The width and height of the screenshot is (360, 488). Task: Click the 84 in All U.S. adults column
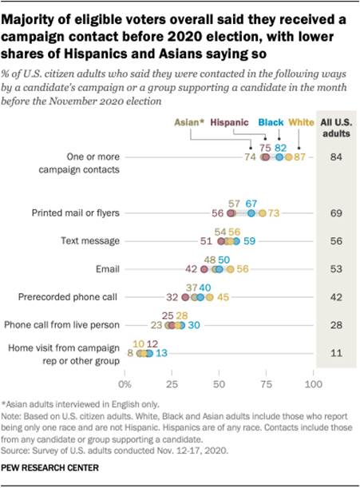(x=337, y=159)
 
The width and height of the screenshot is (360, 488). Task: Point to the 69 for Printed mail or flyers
(x=337, y=214)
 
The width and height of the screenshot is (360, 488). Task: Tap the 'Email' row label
(x=108, y=269)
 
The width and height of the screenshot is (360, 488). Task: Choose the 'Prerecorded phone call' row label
(x=69, y=297)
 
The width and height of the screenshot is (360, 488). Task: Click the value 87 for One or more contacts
(x=300, y=159)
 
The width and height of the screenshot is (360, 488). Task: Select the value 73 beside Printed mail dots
(x=273, y=214)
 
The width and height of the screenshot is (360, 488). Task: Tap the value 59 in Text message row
(x=249, y=241)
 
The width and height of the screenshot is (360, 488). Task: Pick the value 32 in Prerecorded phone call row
(x=172, y=297)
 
